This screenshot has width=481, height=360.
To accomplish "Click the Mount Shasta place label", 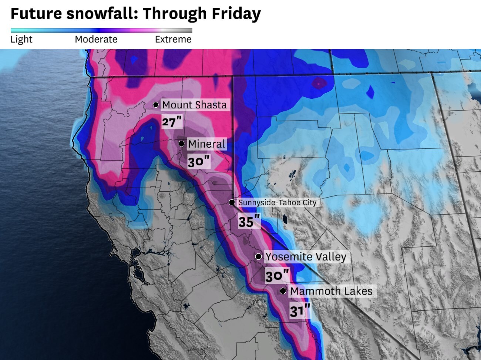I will pyautogui.click(x=195, y=105).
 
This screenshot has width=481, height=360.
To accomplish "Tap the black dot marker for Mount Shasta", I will pyautogui.click(x=156, y=105).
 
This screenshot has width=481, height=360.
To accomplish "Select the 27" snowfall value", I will pyautogui.click(x=172, y=122).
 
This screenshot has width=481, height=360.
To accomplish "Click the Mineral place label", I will pyautogui.click(x=206, y=144).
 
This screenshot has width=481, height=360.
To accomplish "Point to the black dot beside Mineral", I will pyautogui.click(x=181, y=144).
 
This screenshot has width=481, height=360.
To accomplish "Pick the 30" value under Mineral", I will pyautogui.click(x=199, y=162).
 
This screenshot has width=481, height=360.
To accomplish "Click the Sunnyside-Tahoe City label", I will pyautogui.click(x=277, y=202).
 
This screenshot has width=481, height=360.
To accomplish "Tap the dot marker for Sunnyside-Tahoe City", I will pyautogui.click(x=232, y=202).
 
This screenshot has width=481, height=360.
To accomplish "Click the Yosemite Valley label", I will pyautogui.click(x=306, y=257).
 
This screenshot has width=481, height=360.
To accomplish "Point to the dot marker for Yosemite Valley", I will pyautogui.click(x=258, y=256).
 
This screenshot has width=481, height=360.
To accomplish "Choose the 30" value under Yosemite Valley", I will pyautogui.click(x=277, y=276).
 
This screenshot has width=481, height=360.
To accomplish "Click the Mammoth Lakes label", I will pyautogui.click(x=331, y=291).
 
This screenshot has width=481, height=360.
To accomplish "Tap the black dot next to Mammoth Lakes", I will pyautogui.click(x=283, y=291).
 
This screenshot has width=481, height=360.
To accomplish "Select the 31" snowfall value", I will pyautogui.click(x=300, y=311).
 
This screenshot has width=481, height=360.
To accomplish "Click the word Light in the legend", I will pyautogui.click(x=21, y=39).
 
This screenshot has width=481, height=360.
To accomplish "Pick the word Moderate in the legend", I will pyautogui.click(x=96, y=39).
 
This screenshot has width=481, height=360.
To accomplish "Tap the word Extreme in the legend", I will pyautogui.click(x=173, y=39).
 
